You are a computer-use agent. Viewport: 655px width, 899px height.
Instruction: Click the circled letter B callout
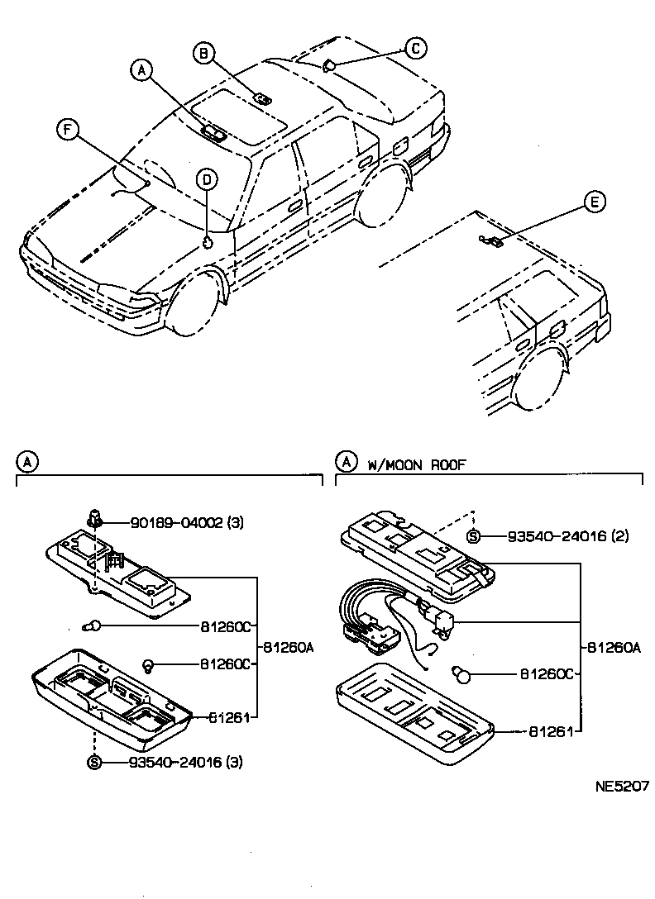pos(203,54)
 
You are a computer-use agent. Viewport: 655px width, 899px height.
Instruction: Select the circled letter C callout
pos(416,49)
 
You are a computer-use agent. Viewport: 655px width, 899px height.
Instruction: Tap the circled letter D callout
pos(208,179)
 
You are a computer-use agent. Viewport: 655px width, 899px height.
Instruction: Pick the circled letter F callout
pos(69,129)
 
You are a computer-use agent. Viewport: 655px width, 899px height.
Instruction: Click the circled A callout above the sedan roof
pos(142,72)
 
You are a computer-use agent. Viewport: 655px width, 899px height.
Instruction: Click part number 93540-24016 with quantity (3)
pos(179,761)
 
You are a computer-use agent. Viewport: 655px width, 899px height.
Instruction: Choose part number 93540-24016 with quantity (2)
pos(557,536)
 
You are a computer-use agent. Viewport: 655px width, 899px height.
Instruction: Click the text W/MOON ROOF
pos(417,465)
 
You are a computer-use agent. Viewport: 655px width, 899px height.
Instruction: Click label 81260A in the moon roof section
pos(614,649)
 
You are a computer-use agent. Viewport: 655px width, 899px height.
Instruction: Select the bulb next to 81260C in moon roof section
pos(463,675)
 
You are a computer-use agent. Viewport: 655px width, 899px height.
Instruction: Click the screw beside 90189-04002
pos(96,519)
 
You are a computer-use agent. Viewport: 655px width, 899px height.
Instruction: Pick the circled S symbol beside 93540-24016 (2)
pos(473,537)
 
